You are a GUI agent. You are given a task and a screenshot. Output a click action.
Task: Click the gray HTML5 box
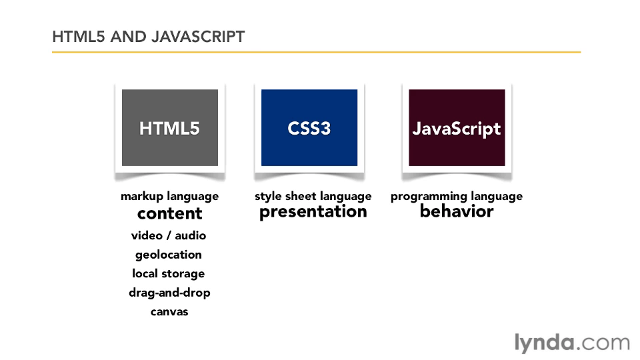(170, 128)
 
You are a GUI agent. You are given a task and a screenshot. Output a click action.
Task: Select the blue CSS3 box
(309, 128)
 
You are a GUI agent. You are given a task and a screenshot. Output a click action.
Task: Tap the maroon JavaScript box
(457, 128)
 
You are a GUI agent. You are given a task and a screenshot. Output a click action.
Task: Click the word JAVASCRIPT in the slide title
(198, 37)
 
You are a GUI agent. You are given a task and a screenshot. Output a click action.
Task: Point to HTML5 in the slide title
(79, 37)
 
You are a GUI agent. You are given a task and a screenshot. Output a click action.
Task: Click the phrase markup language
(170, 197)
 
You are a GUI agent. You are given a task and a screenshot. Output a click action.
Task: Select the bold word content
(170, 213)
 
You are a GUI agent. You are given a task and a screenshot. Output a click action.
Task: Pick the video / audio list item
(169, 235)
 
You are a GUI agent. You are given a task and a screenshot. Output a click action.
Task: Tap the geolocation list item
(169, 255)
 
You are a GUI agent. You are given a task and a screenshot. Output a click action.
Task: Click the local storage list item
(169, 274)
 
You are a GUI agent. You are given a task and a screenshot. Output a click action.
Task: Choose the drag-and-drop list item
(169, 293)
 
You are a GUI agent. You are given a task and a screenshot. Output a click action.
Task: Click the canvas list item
(169, 312)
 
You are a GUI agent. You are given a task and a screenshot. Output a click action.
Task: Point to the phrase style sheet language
(313, 197)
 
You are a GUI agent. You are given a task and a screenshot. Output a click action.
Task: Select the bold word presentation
(313, 212)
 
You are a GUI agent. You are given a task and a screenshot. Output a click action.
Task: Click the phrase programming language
(457, 197)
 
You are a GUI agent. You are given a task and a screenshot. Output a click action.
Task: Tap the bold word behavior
(457, 211)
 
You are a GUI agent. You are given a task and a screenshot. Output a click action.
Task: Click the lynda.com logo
(572, 343)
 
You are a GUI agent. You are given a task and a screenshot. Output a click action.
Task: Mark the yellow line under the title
(316, 52)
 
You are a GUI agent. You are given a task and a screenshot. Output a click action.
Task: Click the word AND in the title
(129, 37)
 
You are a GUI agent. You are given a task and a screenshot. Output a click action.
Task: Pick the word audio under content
(191, 235)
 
